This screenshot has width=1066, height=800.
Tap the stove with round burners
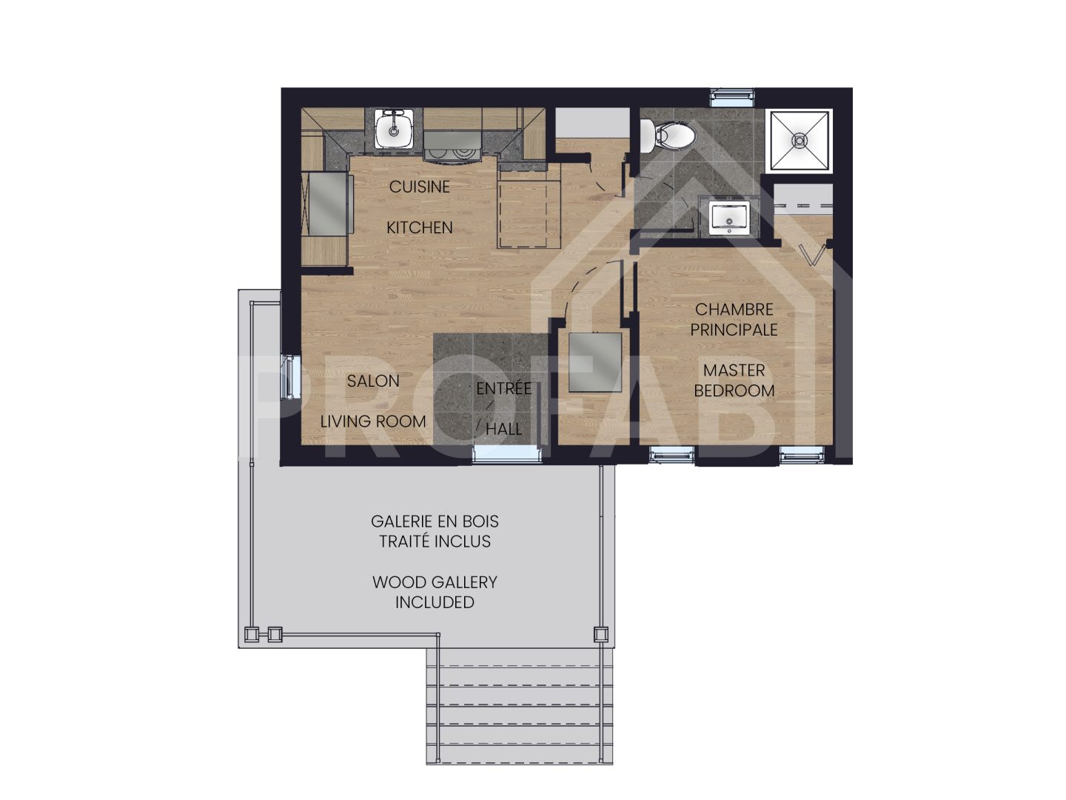(452, 145)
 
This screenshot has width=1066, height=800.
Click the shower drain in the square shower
(799, 139)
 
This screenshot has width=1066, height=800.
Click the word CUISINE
(419, 187)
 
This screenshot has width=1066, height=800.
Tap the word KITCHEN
(419, 227)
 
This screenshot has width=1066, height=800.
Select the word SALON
(373, 381)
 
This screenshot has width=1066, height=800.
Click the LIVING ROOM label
(373, 421)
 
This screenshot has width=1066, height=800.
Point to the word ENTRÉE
(503, 388)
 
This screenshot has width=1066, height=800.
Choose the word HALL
(503, 429)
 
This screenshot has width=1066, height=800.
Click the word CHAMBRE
(734, 309)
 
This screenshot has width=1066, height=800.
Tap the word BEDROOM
(734, 390)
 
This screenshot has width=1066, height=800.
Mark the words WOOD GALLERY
(435, 582)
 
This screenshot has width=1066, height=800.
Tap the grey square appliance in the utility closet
(594, 362)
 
